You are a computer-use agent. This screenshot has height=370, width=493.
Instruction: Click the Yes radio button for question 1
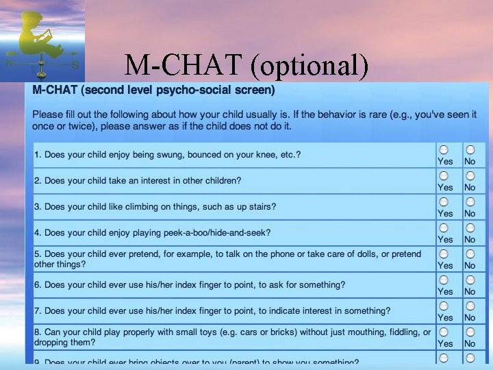[x=445, y=149]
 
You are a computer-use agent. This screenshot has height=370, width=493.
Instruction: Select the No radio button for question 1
[x=470, y=149]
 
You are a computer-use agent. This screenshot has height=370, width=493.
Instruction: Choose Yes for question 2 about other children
[x=445, y=175]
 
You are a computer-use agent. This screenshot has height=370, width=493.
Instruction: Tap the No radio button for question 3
[x=470, y=201]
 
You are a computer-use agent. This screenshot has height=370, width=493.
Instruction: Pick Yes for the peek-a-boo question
[x=445, y=227]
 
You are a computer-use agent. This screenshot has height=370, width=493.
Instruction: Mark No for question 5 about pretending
[x=470, y=254]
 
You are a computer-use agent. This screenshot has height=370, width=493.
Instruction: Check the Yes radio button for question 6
[x=445, y=280]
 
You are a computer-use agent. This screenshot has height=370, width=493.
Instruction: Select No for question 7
[x=470, y=306]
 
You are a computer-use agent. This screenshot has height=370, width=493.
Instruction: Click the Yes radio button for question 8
[x=445, y=332]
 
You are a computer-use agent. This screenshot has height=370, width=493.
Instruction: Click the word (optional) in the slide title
[x=309, y=66]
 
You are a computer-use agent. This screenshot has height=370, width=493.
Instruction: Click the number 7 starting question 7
[x=37, y=310]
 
